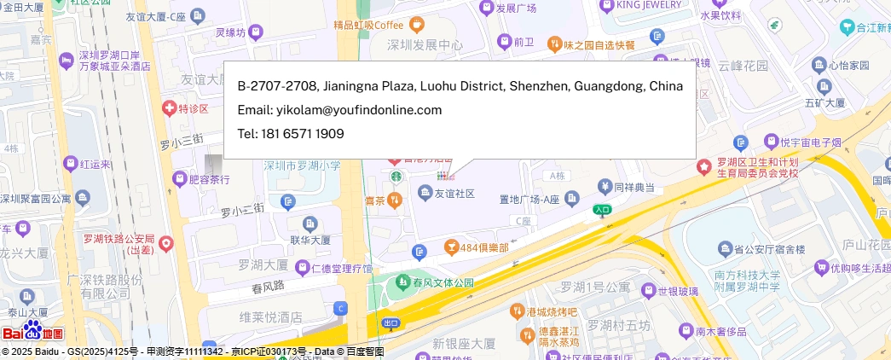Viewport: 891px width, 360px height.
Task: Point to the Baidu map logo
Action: (33, 333)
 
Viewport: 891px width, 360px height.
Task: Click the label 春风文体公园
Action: (443, 282)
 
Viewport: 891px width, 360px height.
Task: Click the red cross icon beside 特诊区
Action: (169, 108)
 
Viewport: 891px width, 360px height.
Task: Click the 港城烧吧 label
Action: (552, 311)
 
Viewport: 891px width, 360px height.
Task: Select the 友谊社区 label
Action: (454, 195)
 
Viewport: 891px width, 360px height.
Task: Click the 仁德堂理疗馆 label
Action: (341, 269)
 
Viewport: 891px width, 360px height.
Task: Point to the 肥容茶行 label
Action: (209, 179)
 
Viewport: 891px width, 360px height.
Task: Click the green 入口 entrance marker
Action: (602, 208)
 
